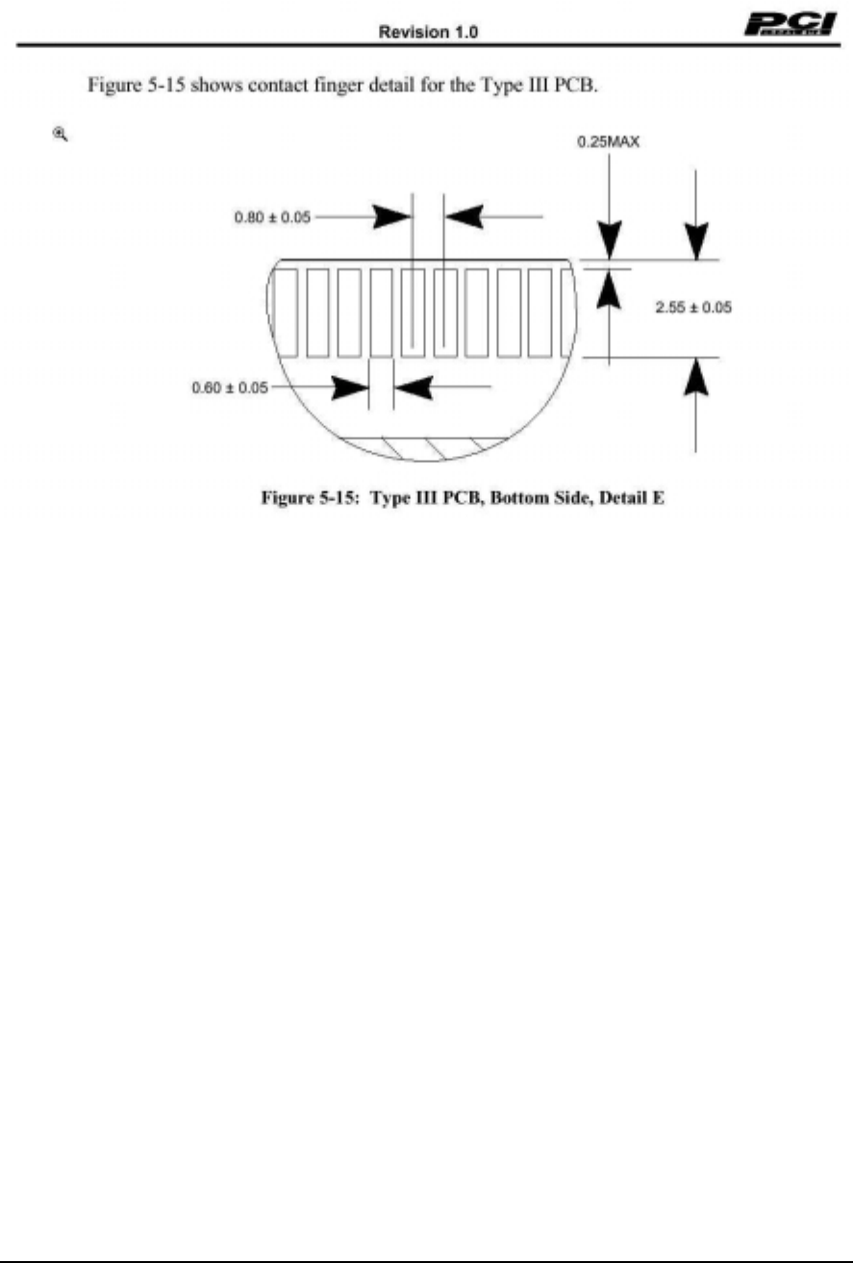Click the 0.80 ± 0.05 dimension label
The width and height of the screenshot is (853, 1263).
(273, 217)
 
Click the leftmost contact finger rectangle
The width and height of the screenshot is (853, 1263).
(285, 314)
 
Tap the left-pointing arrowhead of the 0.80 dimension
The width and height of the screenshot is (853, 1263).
(464, 217)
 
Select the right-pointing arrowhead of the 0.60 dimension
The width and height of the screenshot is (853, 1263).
(351, 389)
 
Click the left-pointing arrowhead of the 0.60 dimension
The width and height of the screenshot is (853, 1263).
(414, 389)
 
